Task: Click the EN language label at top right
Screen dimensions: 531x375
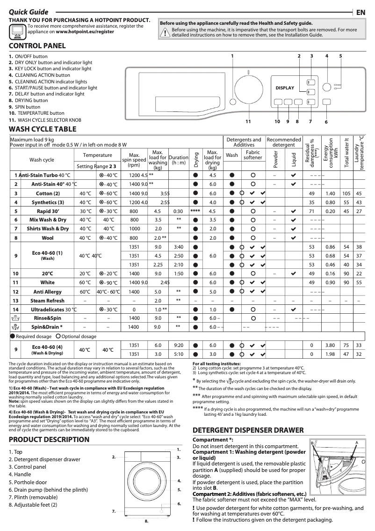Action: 360,12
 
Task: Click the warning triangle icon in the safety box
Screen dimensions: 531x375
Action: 165,32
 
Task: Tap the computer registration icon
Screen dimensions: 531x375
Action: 18,32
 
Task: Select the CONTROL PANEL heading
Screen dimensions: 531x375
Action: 37,46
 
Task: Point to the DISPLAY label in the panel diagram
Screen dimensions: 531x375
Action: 285,88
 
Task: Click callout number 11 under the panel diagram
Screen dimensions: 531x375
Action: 248,122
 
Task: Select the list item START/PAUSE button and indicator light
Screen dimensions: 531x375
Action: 53,88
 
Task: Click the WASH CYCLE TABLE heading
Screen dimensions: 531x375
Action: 43,129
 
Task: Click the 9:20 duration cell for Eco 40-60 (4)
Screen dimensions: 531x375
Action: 178,345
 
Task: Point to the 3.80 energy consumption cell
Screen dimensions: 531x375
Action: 330,345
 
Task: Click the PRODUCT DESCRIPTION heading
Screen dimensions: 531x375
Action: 49,440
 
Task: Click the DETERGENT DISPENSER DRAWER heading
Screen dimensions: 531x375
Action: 248,430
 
